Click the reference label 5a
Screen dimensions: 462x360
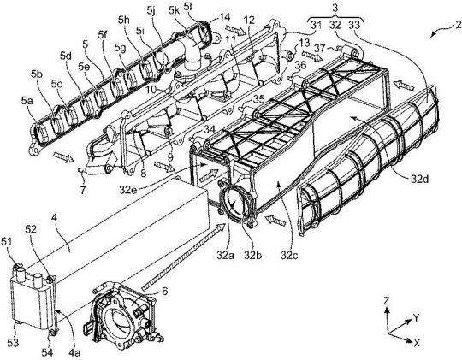coord(27,101)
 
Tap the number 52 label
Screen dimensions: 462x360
coord(31,229)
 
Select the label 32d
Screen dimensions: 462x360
coord(420,179)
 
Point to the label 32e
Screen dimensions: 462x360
coord(127,190)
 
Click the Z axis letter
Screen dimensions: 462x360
coord(387,301)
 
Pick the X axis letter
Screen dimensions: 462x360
coord(417,343)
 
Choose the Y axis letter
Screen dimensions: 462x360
coord(416,317)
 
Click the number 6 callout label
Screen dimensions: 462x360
coord(164,292)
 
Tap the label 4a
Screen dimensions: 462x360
coord(74,352)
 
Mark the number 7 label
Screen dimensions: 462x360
coord(83,190)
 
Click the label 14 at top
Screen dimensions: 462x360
coord(224,17)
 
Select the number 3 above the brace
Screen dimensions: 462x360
coord(335,8)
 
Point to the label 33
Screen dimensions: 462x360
coord(354,25)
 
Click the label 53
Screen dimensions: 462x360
coord(13,342)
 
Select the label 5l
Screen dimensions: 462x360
coord(188,8)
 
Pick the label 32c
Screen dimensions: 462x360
coord(289,255)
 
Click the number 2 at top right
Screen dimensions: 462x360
coord(458,26)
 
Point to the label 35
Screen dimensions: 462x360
coord(259,99)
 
